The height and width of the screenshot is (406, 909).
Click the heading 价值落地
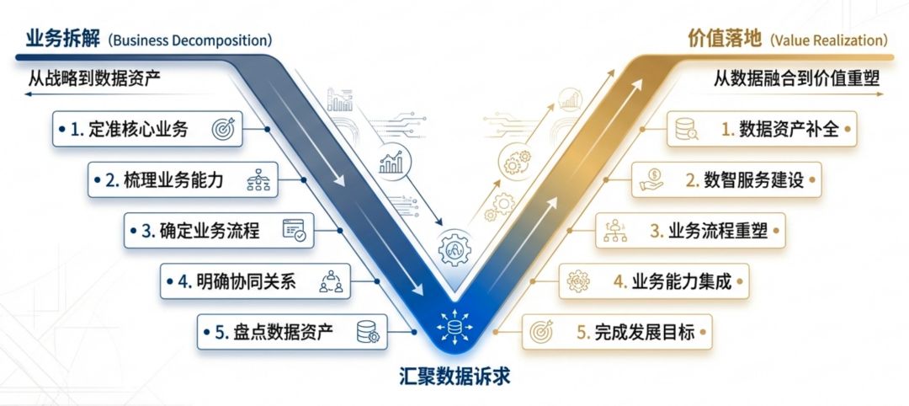pyautogui.click(x=723, y=39)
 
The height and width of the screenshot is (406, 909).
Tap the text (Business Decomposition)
pyautogui.click(x=190, y=40)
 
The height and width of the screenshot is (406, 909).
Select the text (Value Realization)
pyautogui.click(x=828, y=40)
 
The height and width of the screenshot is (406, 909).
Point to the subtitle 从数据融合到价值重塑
pyautogui.click(x=796, y=77)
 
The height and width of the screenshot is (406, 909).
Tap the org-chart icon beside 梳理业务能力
pyautogui.click(x=258, y=179)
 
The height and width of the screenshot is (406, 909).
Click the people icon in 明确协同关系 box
pyautogui.click(x=330, y=280)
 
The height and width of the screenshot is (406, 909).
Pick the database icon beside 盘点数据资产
pyautogui.click(x=368, y=331)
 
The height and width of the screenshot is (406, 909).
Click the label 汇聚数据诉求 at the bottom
pyautogui.click(x=454, y=377)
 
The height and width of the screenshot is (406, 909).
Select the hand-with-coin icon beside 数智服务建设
pyautogui.click(x=651, y=179)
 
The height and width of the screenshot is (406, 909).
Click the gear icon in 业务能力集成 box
pyautogui.click(x=578, y=280)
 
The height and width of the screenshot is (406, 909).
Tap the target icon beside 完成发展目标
pyautogui.click(x=540, y=331)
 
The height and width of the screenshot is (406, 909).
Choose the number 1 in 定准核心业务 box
pyautogui.click(x=75, y=129)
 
